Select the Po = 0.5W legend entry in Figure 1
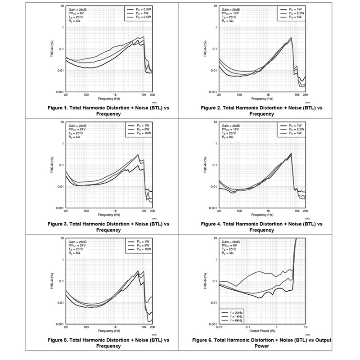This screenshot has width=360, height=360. [x=141, y=9]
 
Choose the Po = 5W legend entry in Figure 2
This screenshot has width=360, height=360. [x=293, y=18]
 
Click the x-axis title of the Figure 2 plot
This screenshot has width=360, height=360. [x=261, y=99]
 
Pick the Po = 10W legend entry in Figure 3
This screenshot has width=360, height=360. [x=141, y=134]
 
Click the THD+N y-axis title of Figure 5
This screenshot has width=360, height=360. [x=52, y=281]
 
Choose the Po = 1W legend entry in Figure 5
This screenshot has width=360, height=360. [x=140, y=242]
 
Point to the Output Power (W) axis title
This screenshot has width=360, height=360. [x=261, y=330]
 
